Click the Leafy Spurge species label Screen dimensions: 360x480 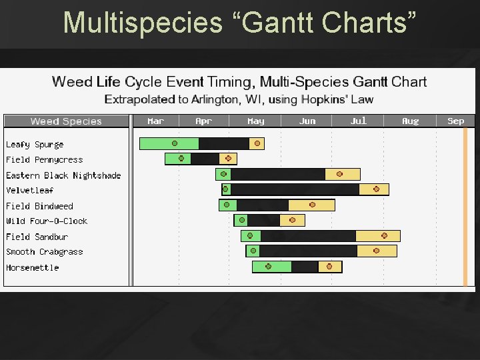[35, 145]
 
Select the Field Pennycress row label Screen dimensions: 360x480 [44, 160]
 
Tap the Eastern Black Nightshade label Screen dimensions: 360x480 [63, 175]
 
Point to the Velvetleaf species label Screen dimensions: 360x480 [30, 191]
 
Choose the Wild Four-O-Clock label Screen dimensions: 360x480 [47, 221]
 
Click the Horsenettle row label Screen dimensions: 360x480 [32, 268]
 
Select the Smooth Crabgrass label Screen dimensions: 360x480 [44, 252]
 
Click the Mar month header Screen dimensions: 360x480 [155, 121]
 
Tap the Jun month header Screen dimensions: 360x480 [307, 121]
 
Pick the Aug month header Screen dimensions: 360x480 [410, 121]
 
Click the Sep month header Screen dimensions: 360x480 [455, 121]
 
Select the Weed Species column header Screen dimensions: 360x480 [66, 121]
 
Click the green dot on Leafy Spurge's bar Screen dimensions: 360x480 [175, 143]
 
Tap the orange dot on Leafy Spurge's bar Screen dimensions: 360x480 [257, 143]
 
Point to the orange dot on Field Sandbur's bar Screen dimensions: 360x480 [384, 235]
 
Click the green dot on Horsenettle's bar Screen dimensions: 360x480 [269, 267]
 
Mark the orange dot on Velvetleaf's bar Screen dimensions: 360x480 [376, 189]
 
